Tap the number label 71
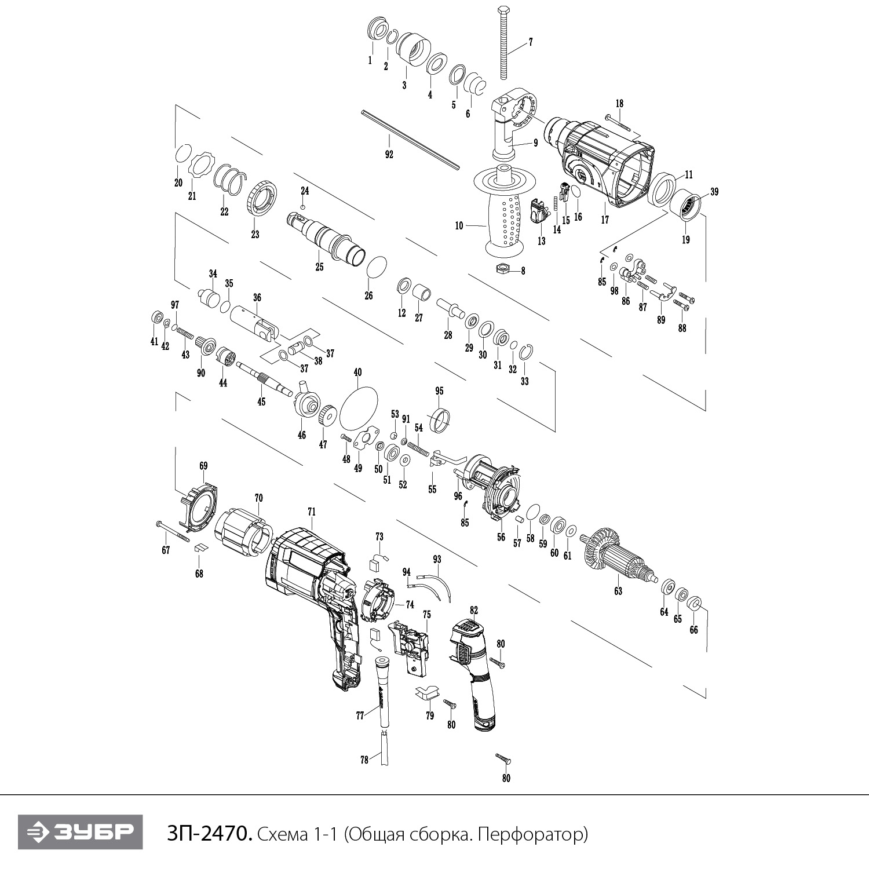[312, 512]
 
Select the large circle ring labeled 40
[358, 405]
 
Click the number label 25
[319, 267]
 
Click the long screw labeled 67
[173, 531]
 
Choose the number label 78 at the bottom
[364, 760]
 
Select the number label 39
[714, 192]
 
